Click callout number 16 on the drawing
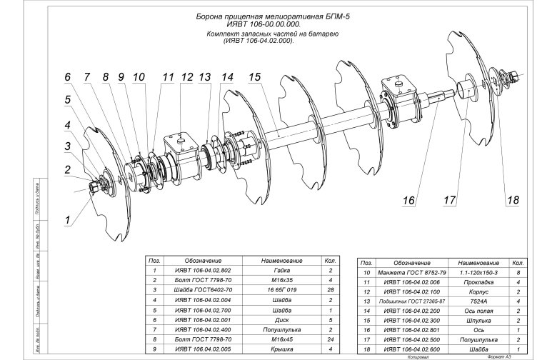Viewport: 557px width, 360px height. tap(408, 201)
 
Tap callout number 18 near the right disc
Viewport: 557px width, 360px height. tap(512, 201)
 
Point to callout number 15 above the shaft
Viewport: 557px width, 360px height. tap(254, 76)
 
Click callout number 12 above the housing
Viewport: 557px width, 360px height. tap(187, 76)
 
